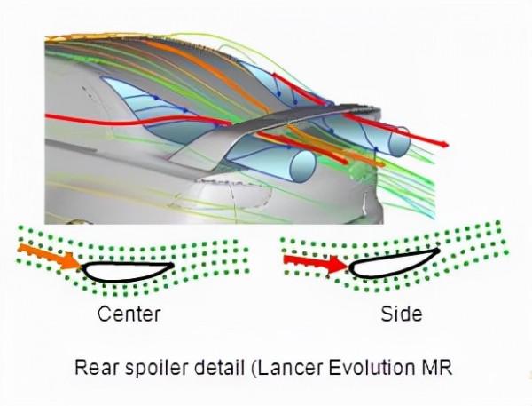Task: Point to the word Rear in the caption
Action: point(96,367)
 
